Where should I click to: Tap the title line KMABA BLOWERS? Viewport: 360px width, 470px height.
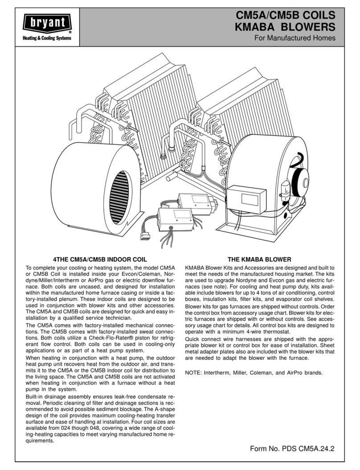tap(285, 29)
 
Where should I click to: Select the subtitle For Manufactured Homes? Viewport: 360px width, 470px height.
tap(295, 39)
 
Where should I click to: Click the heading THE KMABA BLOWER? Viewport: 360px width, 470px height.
tap(259, 259)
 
